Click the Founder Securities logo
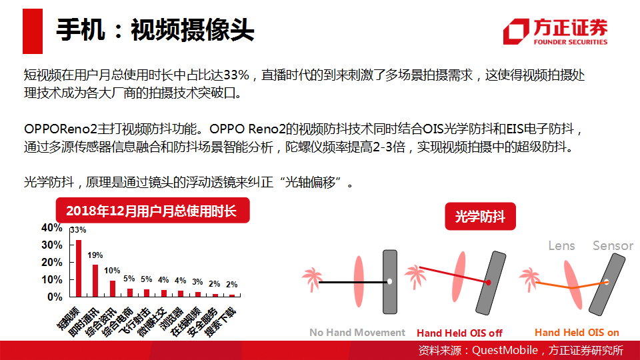(555, 31)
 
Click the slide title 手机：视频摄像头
(155, 30)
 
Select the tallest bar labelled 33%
(79, 268)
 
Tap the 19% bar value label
(95, 255)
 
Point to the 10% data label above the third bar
(112, 271)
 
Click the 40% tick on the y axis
(52, 228)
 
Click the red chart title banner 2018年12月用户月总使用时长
(153, 210)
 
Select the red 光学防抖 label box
(481, 216)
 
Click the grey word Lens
(561, 246)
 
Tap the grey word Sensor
(613, 246)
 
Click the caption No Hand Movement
(357, 333)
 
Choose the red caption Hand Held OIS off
(459, 333)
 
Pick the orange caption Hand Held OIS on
(577, 333)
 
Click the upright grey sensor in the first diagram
(390, 281)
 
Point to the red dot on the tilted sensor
(488, 282)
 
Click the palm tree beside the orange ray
(529, 279)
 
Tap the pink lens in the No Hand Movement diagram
(359, 281)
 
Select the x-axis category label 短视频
(68, 318)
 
